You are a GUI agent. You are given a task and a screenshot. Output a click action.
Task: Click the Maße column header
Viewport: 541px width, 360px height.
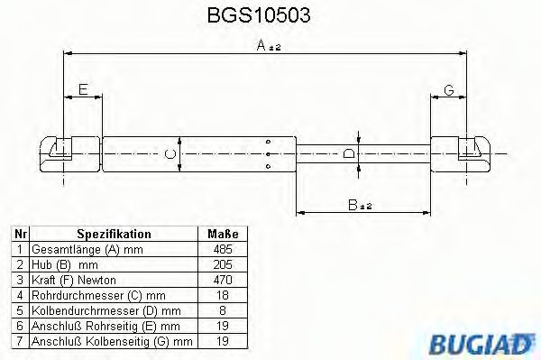(221, 232)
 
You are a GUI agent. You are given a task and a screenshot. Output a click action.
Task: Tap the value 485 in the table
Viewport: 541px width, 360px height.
(221, 248)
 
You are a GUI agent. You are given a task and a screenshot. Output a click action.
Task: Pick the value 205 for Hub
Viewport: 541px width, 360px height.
(221, 265)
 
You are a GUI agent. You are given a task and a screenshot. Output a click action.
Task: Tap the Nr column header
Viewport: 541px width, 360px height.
(18, 232)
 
